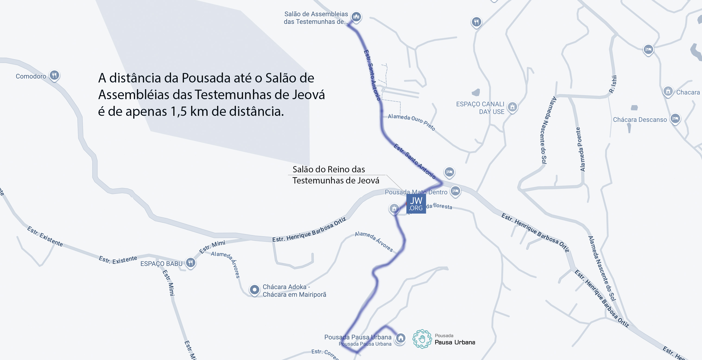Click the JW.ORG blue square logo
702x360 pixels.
coord(416,204)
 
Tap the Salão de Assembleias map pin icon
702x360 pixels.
coord(356,17)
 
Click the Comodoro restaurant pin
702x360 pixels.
coord(54,75)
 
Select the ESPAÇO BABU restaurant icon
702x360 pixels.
coord(190,263)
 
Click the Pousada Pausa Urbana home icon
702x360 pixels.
coord(400,338)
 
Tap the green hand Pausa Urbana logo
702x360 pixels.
coord(422,339)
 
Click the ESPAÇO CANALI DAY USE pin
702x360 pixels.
coord(512,107)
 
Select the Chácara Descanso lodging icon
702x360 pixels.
coord(675,119)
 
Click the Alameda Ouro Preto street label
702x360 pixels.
coord(411,122)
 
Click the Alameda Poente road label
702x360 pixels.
coord(580,149)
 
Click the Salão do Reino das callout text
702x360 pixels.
coord(329,170)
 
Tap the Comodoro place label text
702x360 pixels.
coord(31,76)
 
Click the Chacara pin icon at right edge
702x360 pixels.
coord(668,91)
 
